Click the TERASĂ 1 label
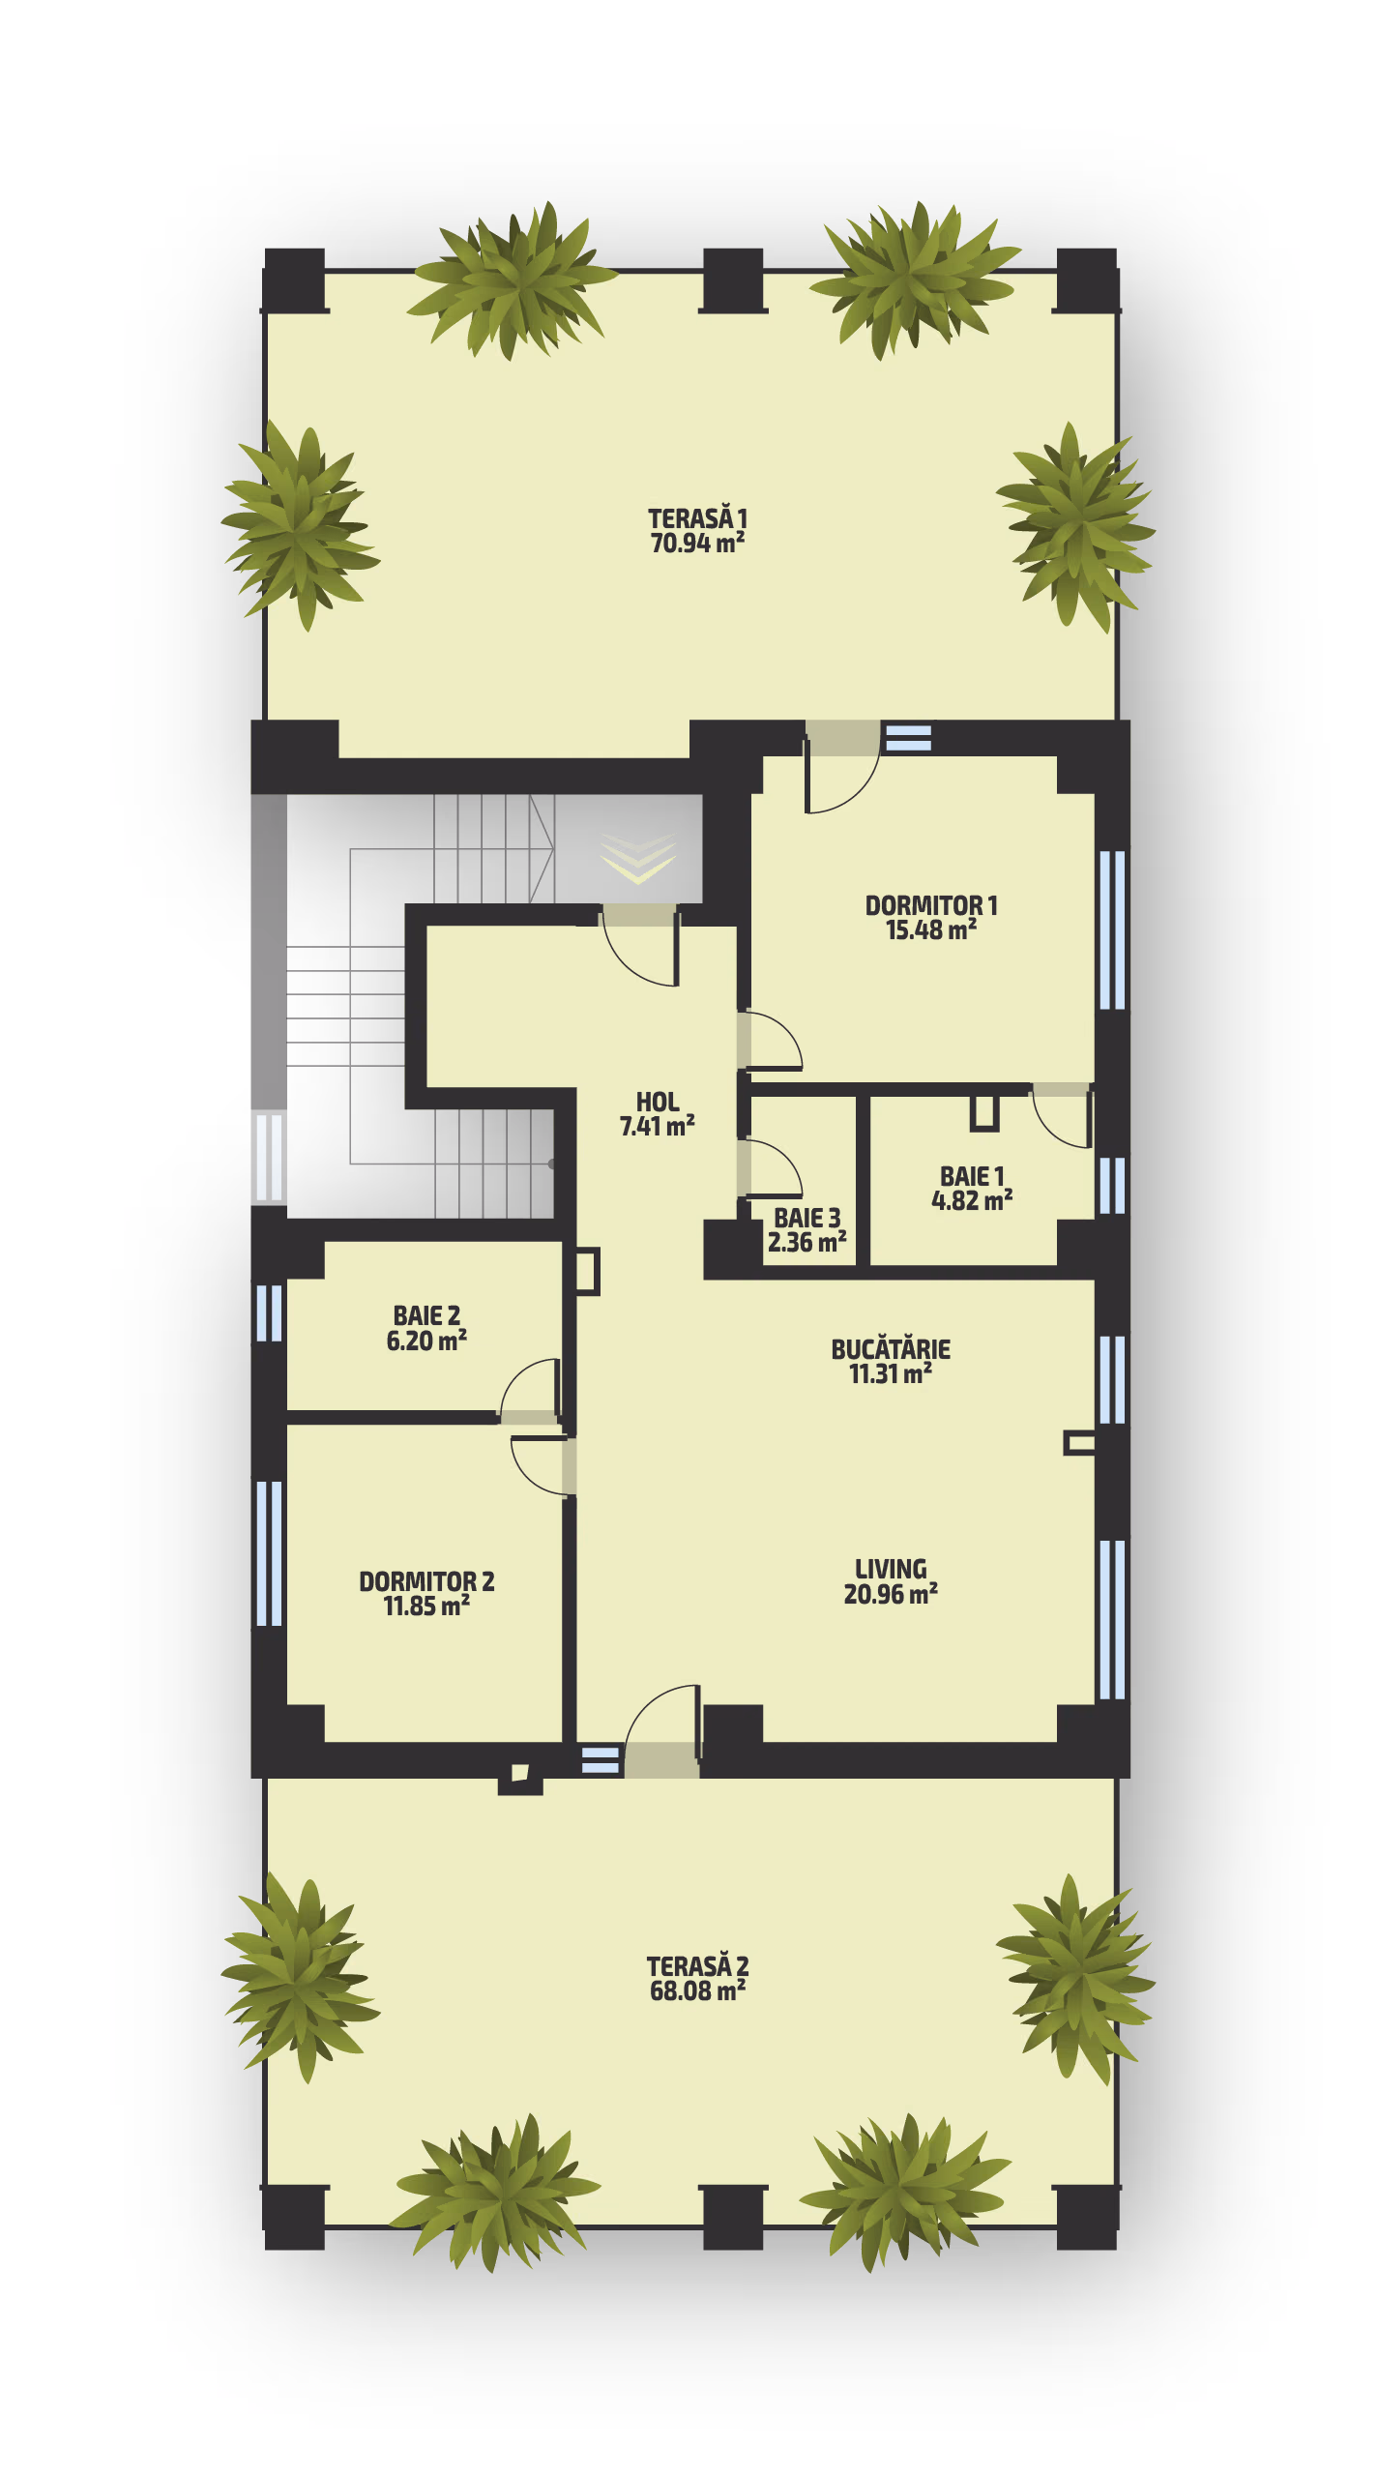[x=697, y=518]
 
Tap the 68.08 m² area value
[x=697, y=1990]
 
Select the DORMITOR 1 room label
[x=930, y=905]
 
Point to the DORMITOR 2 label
[x=426, y=1581]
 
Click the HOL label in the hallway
[x=658, y=1102]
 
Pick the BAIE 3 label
[x=806, y=1218]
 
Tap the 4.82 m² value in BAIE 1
[x=972, y=1200]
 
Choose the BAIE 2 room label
[x=426, y=1315]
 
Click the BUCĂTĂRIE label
[x=891, y=1348]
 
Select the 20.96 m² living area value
[x=891, y=1594]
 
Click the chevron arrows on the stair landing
[x=638, y=856]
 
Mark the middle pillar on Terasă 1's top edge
[x=733, y=280]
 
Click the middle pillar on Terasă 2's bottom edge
[x=733, y=2217]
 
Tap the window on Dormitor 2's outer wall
[x=269, y=1553]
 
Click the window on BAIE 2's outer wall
[x=269, y=1312]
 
